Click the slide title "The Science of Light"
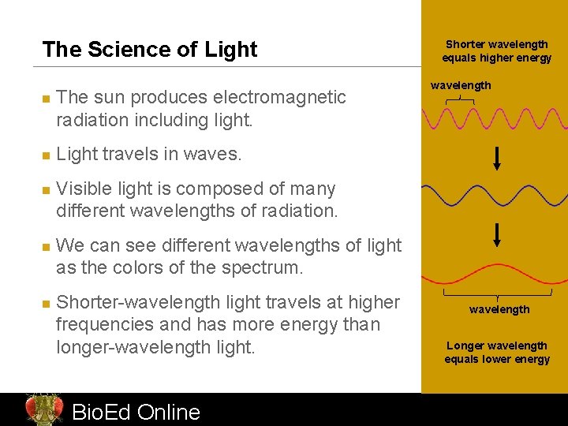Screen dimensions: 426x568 [150, 50]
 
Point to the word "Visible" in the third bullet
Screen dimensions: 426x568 [88, 189]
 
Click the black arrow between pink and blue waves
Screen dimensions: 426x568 [497, 159]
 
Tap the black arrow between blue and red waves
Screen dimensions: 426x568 [497, 234]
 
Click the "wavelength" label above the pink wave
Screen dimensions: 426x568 [461, 85]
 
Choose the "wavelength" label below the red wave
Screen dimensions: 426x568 [499, 309]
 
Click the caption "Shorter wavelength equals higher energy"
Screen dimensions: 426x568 [497, 51]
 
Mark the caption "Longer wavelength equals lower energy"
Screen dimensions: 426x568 [497, 353]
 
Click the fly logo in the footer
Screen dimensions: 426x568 [43, 409]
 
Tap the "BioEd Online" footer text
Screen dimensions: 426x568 [136, 412]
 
